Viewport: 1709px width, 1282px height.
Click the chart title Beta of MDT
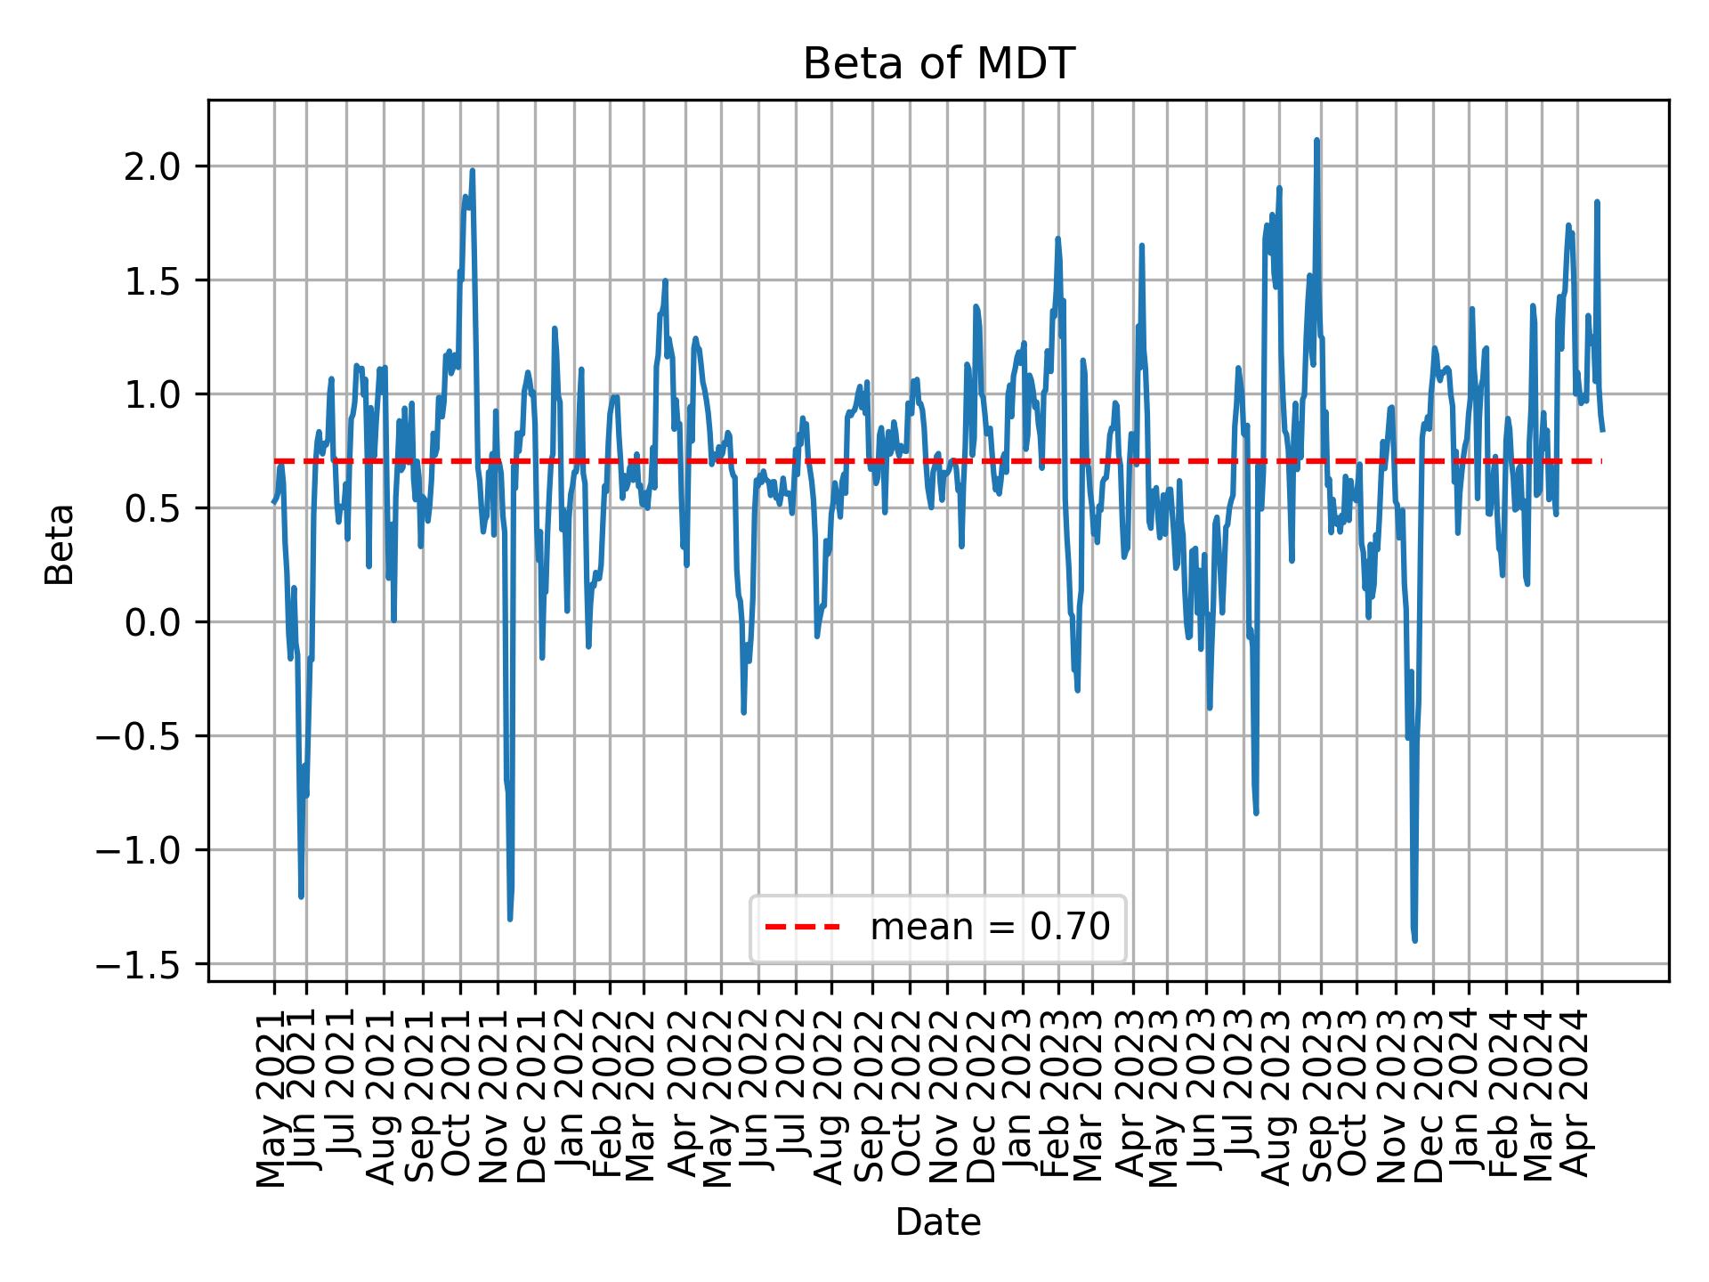pyautogui.click(x=938, y=64)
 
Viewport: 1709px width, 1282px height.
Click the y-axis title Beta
pyautogui.click(x=60, y=544)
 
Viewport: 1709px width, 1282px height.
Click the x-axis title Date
pyautogui.click(x=938, y=1223)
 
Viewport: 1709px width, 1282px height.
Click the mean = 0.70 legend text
pyautogui.click(x=990, y=928)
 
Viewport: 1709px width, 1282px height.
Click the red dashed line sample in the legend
pyautogui.click(x=802, y=928)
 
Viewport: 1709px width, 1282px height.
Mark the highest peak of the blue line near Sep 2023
pyautogui.click(x=1316, y=141)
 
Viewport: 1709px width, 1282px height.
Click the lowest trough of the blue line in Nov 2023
pyautogui.click(x=1414, y=940)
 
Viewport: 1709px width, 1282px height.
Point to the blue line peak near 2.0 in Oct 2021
pyautogui.click(x=473, y=171)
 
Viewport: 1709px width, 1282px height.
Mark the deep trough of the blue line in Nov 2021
pyautogui.click(x=509, y=919)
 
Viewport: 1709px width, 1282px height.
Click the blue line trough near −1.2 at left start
pyautogui.click(x=301, y=896)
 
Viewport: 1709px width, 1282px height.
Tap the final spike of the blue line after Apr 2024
pyautogui.click(x=1598, y=202)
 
